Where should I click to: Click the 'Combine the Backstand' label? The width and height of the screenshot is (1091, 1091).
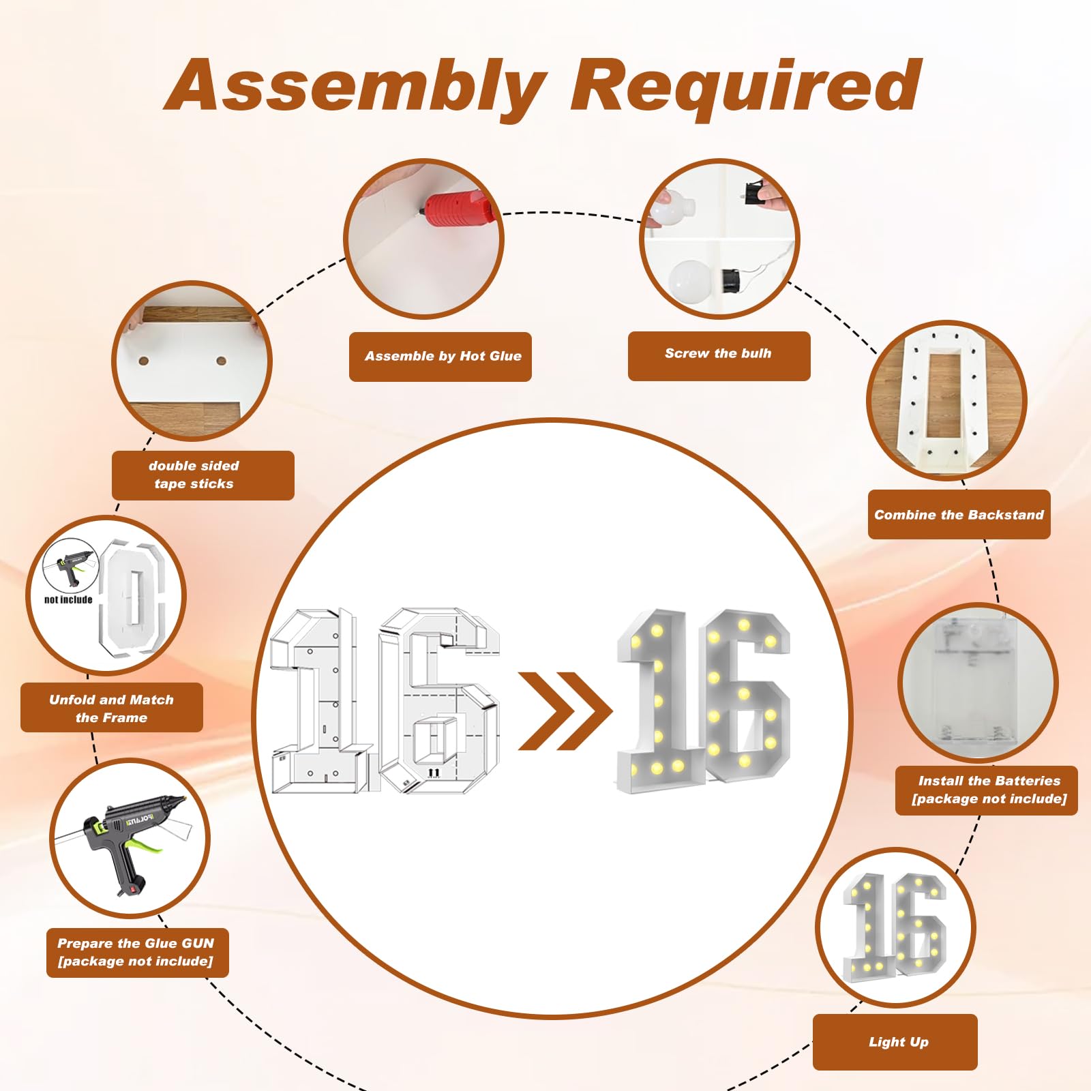[959, 515]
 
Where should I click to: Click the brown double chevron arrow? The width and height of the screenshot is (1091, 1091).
[565, 711]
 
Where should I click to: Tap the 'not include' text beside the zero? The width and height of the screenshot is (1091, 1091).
[68, 600]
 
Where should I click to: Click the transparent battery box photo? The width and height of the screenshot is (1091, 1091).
[977, 682]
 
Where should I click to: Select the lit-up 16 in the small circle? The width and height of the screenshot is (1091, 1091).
[895, 926]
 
